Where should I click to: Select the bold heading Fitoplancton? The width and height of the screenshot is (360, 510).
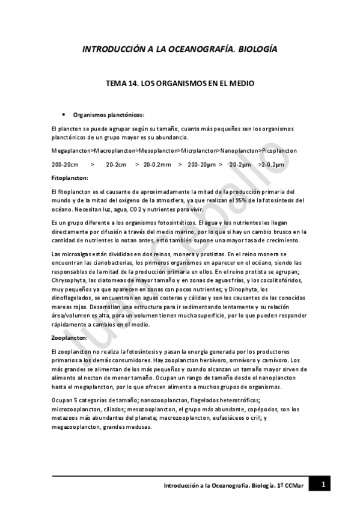click(70, 178)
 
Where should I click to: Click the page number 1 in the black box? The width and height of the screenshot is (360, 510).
click(323, 484)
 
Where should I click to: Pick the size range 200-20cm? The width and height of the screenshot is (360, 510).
click(66, 164)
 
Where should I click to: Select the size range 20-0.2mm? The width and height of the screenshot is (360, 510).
click(157, 164)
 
